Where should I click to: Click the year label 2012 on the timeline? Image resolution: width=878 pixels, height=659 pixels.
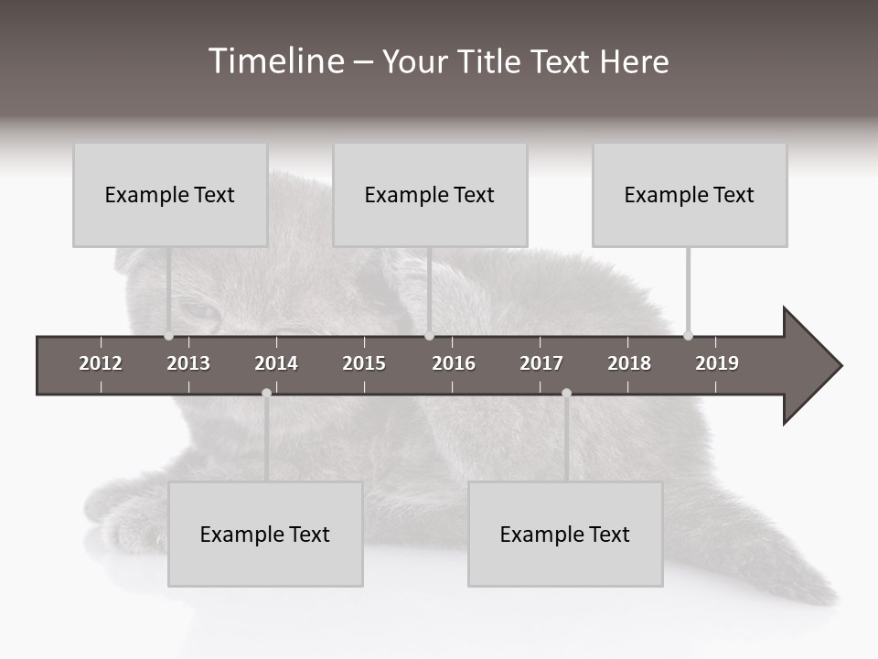tap(101, 363)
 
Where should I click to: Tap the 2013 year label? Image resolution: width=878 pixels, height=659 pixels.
tap(188, 363)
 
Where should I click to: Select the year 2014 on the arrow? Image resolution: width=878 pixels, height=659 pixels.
tap(276, 363)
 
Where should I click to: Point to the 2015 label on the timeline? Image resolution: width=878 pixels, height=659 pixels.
tap(364, 363)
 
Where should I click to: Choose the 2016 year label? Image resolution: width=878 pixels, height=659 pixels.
tap(454, 363)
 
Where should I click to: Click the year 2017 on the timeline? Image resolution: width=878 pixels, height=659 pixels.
tap(541, 363)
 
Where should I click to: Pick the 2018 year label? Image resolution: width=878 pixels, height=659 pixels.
tap(629, 363)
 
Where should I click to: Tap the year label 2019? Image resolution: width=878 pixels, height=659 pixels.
tap(717, 363)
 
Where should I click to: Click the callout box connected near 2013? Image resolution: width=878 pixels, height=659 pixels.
tap(170, 195)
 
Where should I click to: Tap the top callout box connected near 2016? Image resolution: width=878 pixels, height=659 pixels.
tap(430, 195)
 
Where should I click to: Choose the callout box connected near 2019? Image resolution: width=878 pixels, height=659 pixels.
tap(690, 195)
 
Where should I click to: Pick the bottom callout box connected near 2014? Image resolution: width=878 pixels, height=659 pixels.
tap(265, 535)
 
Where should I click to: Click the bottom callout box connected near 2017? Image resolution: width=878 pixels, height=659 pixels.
tap(565, 535)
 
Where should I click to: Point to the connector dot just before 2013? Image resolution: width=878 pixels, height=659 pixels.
tap(169, 336)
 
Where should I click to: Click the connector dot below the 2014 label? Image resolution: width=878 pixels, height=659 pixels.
tap(266, 394)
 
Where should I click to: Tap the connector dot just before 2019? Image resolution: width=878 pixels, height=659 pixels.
tap(689, 336)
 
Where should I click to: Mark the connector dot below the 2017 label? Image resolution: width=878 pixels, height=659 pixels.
tap(566, 394)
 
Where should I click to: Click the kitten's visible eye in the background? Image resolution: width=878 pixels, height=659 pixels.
tap(198, 311)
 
